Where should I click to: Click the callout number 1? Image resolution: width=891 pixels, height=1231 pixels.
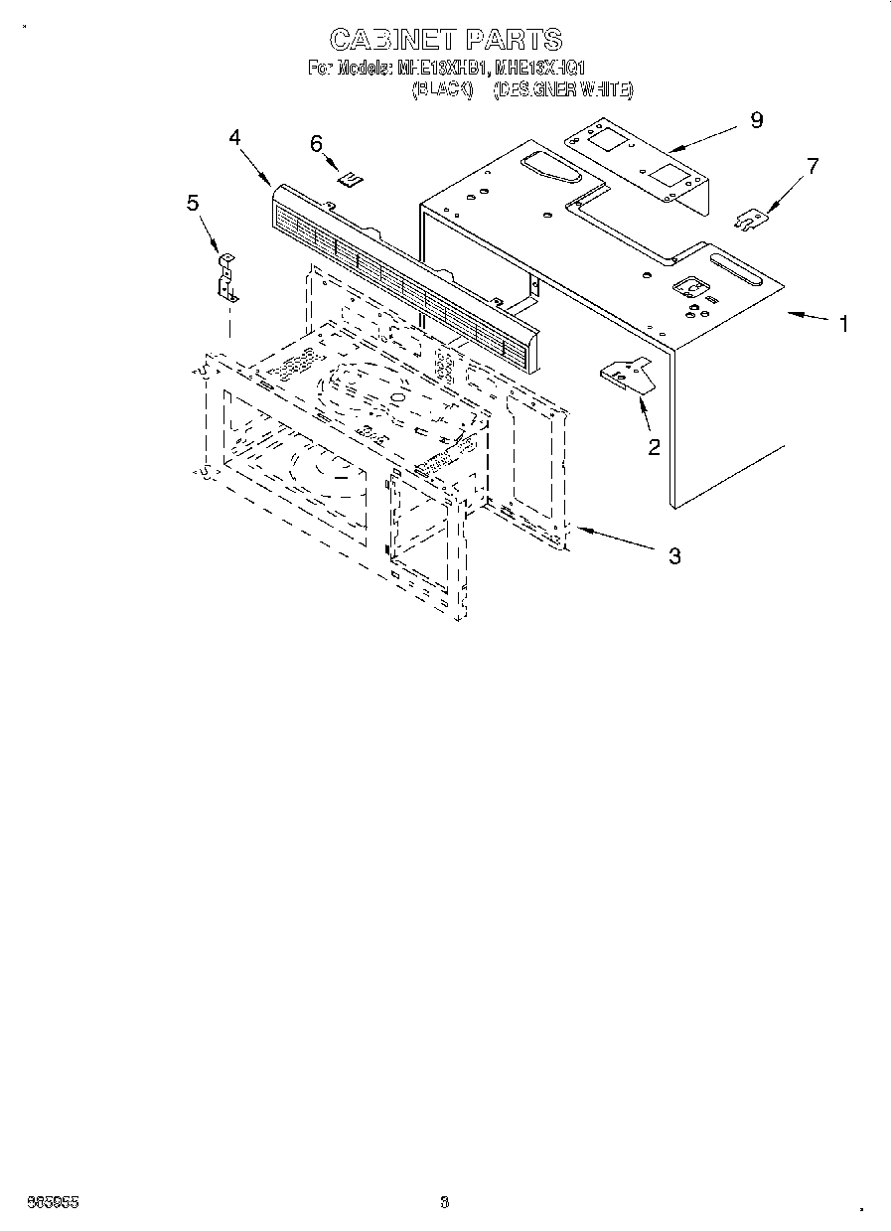click(x=843, y=324)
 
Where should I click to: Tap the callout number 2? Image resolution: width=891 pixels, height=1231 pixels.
click(x=654, y=447)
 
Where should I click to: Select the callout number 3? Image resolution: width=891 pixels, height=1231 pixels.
click(x=674, y=556)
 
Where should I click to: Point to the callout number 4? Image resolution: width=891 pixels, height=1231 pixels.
click(x=234, y=138)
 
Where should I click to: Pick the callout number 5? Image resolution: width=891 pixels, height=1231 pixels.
click(x=193, y=203)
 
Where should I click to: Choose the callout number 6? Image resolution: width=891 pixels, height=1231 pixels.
click(x=317, y=144)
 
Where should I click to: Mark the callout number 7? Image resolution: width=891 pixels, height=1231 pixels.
click(x=813, y=166)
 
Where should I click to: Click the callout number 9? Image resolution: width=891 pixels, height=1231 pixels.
click(x=757, y=120)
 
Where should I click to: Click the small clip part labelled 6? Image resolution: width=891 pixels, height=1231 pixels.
click(x=349, y=179)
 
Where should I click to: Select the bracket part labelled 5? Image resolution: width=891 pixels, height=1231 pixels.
click(x=226, y=278)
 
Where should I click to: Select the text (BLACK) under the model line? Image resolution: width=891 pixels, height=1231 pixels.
click(x=440, y=89)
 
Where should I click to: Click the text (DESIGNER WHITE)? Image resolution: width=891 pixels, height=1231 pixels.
click(x=562, y=89)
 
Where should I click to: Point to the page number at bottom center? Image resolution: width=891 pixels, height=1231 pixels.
click(x=444, y=1202)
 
